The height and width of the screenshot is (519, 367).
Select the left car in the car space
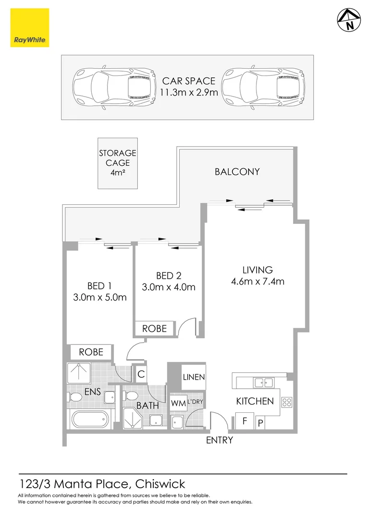(114, 87)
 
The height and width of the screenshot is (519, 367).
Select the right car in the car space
(264, 87)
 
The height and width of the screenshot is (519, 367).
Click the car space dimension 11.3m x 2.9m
(189, 92)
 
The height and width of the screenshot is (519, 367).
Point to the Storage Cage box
(118, 163)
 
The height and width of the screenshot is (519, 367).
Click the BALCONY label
(237, 172)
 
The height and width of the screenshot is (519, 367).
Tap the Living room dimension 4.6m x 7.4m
(257, 282)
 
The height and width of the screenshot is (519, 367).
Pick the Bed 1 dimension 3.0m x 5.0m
(100, 297)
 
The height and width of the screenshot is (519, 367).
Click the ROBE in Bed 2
(154, 328)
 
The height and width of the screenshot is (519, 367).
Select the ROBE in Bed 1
(91, 352)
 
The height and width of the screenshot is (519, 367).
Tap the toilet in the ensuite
(75, 397)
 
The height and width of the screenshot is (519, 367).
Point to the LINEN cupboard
(194, 377)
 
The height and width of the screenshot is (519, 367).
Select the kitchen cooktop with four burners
(287, 402)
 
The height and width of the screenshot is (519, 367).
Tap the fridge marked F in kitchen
(245, 422)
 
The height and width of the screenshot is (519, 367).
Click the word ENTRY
(220, 440)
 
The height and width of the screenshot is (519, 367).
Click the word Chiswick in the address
(160, 484)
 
